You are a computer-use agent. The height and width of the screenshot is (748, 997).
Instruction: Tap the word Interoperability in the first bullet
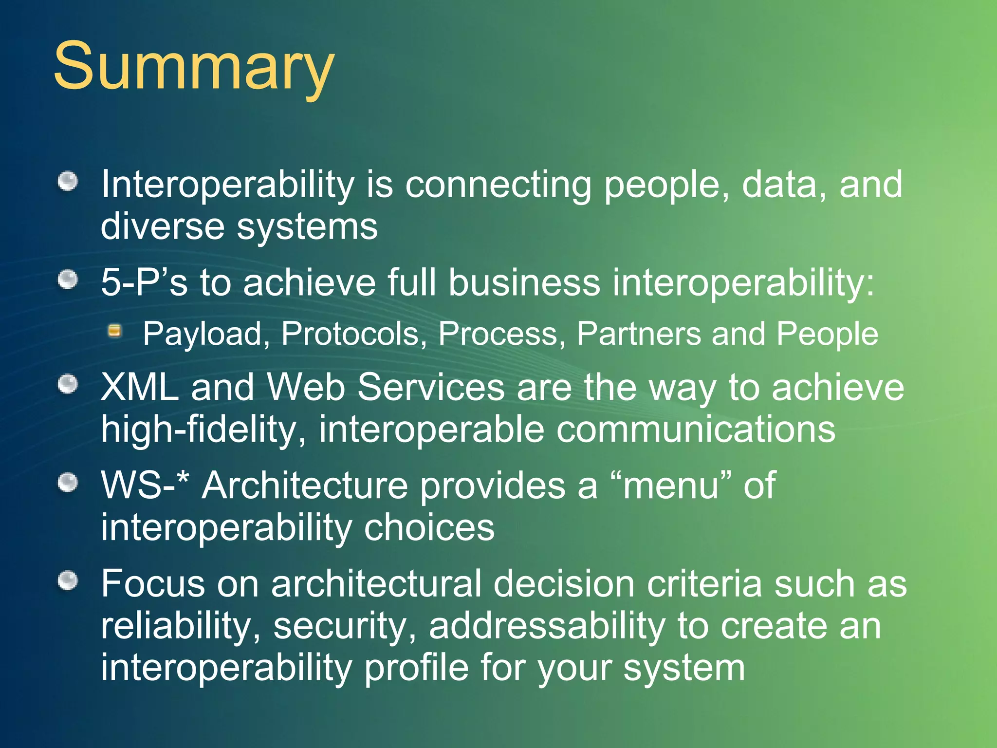tap(228, 185)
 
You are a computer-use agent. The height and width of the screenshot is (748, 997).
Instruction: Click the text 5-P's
tap(144, 283)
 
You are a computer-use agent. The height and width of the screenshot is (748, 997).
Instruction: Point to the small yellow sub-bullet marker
tap(115, 332)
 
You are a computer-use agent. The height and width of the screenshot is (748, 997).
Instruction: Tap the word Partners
tap(638, 335)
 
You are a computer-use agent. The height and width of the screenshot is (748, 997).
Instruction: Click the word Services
tap(431, 388)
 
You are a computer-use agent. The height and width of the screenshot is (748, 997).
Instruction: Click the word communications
tap(696, 430)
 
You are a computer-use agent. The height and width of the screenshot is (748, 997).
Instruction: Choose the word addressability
tap(547, 626)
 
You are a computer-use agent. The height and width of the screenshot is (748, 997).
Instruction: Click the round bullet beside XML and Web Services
tap(68, 384)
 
